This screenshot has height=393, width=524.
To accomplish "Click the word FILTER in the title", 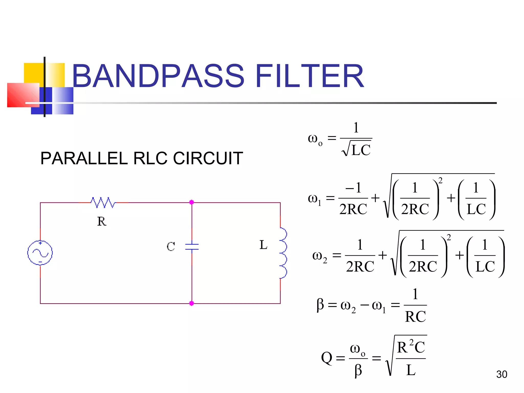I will click(x=309, y=76).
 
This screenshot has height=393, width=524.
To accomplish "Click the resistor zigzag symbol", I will click(x=103, y=202).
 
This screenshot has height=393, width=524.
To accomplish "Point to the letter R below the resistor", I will click(x=102, y=221).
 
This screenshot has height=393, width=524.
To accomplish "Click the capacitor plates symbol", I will click(x=192, y=247).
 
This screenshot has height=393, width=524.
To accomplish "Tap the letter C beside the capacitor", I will click(x=171, y=247).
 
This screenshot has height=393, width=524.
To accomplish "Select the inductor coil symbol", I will click(x=283, y=253).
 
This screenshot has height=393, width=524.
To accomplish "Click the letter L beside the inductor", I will click(x=263, y=245).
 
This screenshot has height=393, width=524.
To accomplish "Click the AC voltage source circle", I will click(x=40, y=253).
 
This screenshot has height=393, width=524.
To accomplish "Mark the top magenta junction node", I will click(x=192, y=202).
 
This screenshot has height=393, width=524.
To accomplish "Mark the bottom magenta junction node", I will click(x=192, y=303).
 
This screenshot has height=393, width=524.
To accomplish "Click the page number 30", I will click(x=501, y=374).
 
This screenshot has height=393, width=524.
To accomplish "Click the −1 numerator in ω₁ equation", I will click(x=353, y=188).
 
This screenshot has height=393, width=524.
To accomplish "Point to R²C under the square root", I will click(x=411, y=347).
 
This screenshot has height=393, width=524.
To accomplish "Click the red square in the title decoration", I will click(x=23, y=95).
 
